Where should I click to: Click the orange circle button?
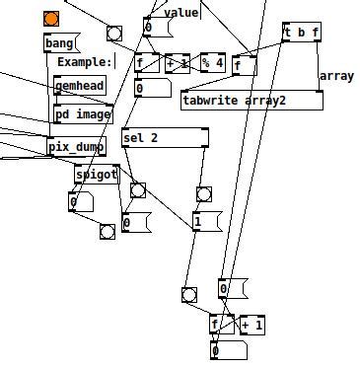[51, 18]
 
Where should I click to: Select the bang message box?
[60, 43]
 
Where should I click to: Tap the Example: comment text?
[85, 62]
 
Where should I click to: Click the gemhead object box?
[79, 86]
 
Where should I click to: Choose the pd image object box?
[83, 113]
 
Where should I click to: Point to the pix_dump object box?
[77, 148]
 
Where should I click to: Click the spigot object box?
[97, 175]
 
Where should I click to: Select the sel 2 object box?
[164, 138]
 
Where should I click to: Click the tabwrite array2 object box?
[252, 101]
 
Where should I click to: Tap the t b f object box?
[301, 33]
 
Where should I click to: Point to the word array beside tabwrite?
[335, 76]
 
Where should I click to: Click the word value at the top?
[181, 13]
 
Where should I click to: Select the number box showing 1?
[206, 221]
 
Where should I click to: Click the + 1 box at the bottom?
[252, 326]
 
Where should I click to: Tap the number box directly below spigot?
[79, 202]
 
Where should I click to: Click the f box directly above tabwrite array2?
[244, 66]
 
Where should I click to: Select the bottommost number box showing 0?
[220, 351]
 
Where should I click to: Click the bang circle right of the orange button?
[114, 33]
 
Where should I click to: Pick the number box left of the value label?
[152, 27]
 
